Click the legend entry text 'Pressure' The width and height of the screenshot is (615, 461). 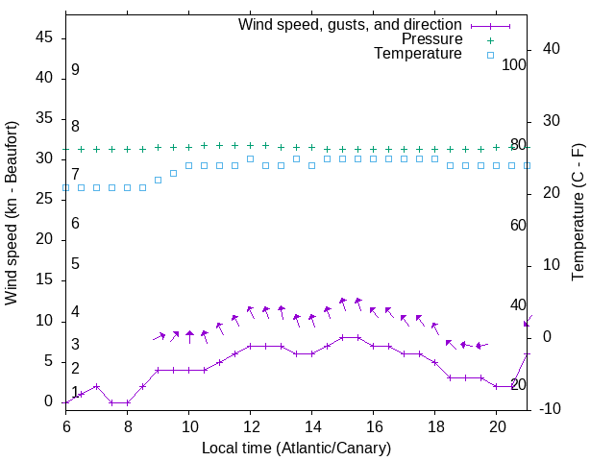431,39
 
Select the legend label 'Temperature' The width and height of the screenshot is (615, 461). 418,54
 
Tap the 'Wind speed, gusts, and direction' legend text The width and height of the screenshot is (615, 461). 351,24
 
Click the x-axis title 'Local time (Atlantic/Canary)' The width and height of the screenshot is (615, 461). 296,448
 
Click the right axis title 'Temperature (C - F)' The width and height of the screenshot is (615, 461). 578,212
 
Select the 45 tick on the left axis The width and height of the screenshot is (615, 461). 44,37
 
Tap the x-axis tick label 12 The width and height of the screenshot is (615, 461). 250,425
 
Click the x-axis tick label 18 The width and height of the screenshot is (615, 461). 434,425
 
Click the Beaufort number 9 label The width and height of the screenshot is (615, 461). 75,70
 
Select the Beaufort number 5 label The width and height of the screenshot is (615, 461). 75,264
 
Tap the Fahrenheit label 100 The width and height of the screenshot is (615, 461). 515,64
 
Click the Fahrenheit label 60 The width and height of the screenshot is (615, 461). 519,225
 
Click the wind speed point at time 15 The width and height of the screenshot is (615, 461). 342,337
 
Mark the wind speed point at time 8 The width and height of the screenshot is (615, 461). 127,402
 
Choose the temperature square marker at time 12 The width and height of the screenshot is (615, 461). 250,158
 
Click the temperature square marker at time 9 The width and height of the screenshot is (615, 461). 158,180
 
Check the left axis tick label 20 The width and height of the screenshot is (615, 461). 44,240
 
